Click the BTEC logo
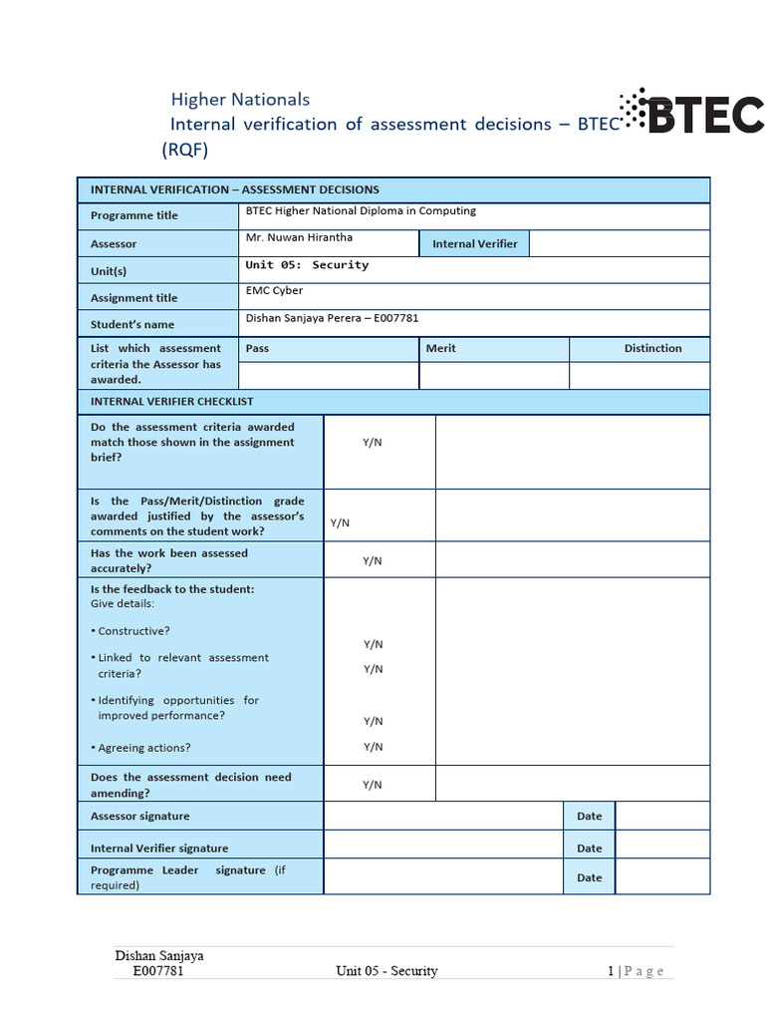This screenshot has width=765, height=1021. tap(691, 114)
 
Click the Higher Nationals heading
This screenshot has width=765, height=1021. tap(240, 99)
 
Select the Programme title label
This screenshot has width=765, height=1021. tap(134, 215)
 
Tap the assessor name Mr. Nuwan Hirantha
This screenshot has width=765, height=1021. tap(299, 237)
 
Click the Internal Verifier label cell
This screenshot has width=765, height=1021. tap(474, 243)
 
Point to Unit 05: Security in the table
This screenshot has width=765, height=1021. tap(307, 265)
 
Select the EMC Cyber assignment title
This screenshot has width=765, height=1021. tap(274, 291)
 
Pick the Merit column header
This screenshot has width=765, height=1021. tap(440, 348)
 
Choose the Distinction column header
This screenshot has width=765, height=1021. tap(652, 348)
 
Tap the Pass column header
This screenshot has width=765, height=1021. tap(257, 348)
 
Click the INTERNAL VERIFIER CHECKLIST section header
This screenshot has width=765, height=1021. tap(172, 401)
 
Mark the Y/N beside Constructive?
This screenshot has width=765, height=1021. tap(373, 644)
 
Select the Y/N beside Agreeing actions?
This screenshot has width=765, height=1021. tap(373, 746)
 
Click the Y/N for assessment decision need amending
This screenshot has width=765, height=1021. tap(373, 785)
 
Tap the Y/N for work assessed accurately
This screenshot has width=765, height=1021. tap(373, 560)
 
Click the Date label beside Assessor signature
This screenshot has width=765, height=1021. tap(590, 816)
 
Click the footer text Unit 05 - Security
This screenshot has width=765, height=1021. tap(386, 970)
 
